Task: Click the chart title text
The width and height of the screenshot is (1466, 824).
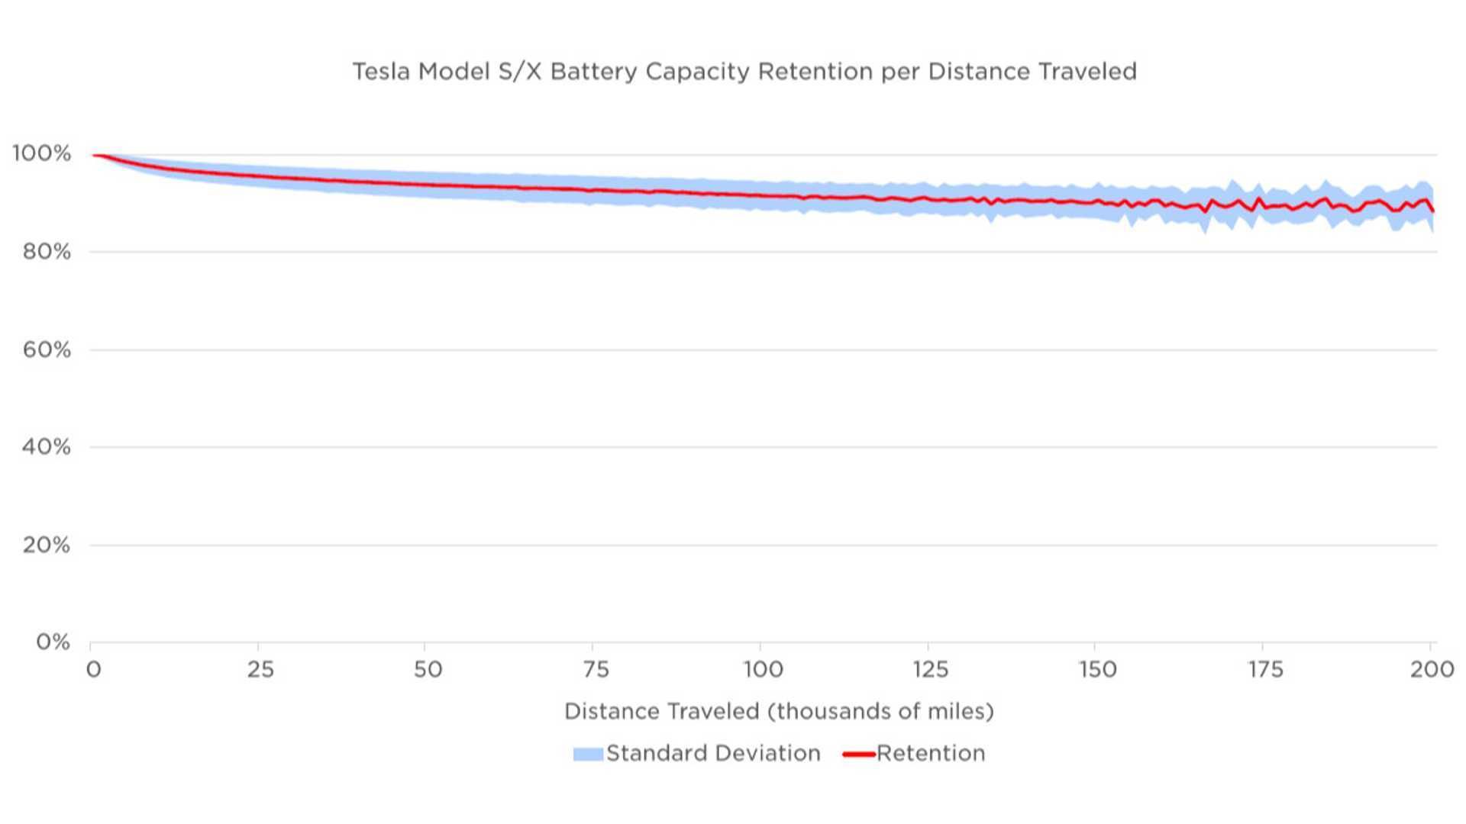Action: point(744,72)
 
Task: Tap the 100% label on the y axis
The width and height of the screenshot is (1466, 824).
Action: point(42,153)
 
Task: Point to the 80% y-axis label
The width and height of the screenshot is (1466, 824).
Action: point(47,252)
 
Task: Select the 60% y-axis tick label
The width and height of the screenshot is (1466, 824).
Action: point(47,350)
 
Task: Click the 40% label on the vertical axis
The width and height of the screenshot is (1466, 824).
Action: point(47,447)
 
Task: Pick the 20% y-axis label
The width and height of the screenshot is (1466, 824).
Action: point(47,546)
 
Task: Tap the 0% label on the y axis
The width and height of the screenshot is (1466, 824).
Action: point(53,642)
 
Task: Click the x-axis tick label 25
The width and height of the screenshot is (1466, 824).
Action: point(260,670)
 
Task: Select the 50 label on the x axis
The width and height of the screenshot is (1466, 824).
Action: point(428,670)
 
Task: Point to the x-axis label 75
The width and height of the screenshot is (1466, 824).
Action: point(596,670)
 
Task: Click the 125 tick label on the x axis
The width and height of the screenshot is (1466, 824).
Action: point(930,670)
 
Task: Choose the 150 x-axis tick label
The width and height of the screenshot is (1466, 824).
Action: point(1098,670)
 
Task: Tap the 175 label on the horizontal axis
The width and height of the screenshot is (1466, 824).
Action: point(1265,670)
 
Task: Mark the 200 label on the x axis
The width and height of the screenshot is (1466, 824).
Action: point(1432,670)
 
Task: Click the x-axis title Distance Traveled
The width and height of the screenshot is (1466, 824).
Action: point(779,712)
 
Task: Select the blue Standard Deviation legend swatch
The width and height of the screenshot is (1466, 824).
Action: point(588,755)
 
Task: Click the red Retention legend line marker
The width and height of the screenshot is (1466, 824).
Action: point(858,755)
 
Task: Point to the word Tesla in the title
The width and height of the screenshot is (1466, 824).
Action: point(382,72)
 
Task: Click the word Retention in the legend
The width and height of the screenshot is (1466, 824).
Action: point(931,754)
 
